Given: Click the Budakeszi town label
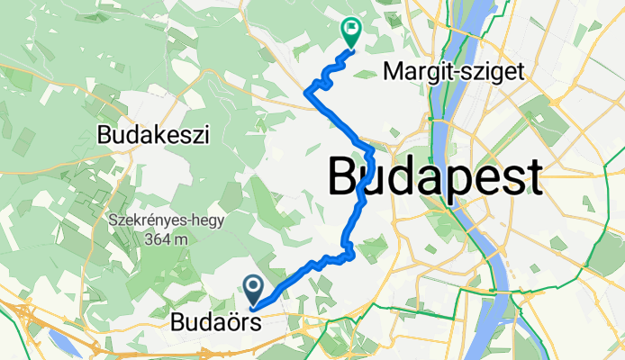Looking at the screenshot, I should [153, 136].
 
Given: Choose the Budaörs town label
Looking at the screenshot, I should [216, 320].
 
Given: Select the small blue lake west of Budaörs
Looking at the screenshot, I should [61, 341].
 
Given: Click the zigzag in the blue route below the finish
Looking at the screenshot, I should [319, 84].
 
